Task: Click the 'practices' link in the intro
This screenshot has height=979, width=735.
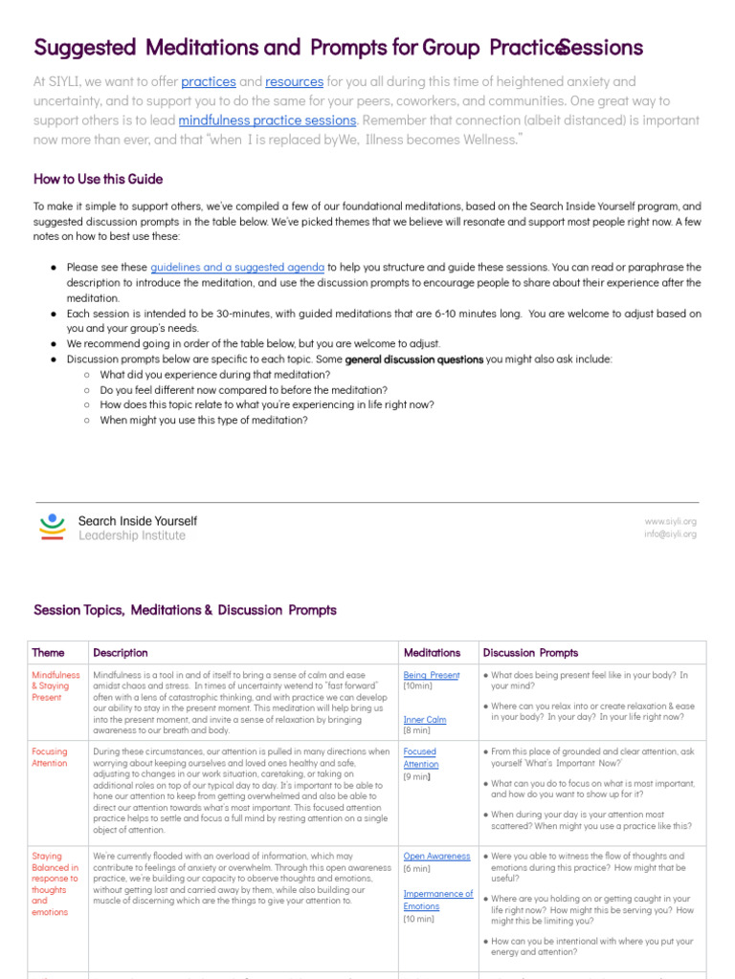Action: click(x=209, y=82)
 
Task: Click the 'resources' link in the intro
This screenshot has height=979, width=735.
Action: click(x=294, y=82)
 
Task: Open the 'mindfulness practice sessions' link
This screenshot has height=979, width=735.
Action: click(x=267, y=120)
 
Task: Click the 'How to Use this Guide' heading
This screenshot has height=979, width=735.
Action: click(x=98, y=179)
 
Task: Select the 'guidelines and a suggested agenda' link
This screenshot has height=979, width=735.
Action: click(x=237, y=268)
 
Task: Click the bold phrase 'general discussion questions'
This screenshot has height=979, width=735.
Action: click(x=413, y=359)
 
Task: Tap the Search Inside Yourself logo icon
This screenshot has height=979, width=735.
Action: click(x=53, y=528)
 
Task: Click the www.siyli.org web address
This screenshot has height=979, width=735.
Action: click(x=670, y=521)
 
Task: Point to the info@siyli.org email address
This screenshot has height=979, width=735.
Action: click(x=670, y=534)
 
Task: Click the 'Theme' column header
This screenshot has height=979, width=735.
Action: click(x=49, y=653)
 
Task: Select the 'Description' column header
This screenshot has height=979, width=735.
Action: click(x=121, y=653)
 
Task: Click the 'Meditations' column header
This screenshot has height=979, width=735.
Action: click(x=432, y=653)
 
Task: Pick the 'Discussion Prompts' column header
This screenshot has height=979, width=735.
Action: click(x=530, y=653)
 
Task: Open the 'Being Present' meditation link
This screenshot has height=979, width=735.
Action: click(x=431, y=675)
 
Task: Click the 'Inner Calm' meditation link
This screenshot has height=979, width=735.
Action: click(x=425, y=720)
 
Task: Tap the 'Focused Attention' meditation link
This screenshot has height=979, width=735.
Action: click(x=421, y=758)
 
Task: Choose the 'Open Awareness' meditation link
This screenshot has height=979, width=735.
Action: click(x=436, y=857)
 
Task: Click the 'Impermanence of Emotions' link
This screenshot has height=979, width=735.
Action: click(x=437, y=900)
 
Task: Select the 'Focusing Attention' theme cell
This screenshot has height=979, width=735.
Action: click(x=50, y=757)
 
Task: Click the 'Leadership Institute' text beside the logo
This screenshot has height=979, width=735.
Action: click(x=132, y=536)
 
